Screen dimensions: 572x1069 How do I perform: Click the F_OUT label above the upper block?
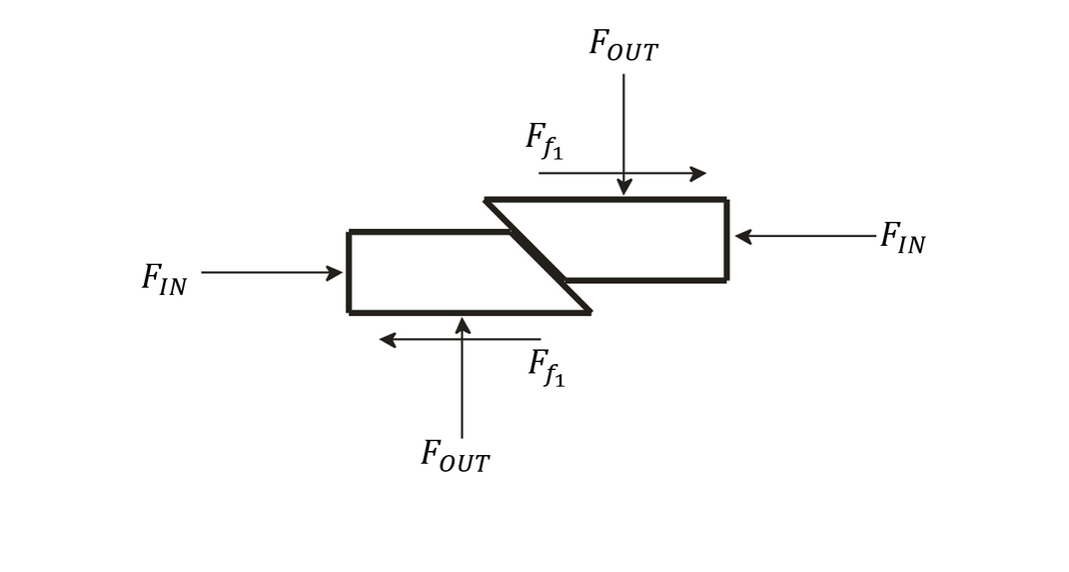point(622,45)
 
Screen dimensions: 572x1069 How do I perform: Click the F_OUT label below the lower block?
point(455,455)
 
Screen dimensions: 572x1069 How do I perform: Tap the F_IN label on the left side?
point(164,278)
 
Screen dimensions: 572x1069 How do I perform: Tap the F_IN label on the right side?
point(902,238)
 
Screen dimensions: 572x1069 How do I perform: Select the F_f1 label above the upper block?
point(544,141)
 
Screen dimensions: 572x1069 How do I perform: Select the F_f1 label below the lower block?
point(546,367)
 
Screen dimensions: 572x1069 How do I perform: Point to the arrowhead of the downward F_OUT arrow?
point(624,187)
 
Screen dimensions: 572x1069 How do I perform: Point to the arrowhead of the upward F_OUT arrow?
point(462,325)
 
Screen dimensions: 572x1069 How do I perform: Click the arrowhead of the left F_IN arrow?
point(335,273)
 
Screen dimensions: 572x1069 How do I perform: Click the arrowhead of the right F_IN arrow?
point(743,237)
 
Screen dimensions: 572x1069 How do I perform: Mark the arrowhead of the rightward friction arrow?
point(697,174)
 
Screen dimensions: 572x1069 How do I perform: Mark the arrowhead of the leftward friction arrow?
point(388,340)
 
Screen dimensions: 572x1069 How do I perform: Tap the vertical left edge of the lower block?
point(349,272)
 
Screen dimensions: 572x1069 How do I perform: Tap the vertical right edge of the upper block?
point(726,240)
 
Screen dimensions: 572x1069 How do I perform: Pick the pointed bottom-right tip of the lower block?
point(588,312)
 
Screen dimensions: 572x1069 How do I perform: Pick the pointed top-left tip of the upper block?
point(488,201)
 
